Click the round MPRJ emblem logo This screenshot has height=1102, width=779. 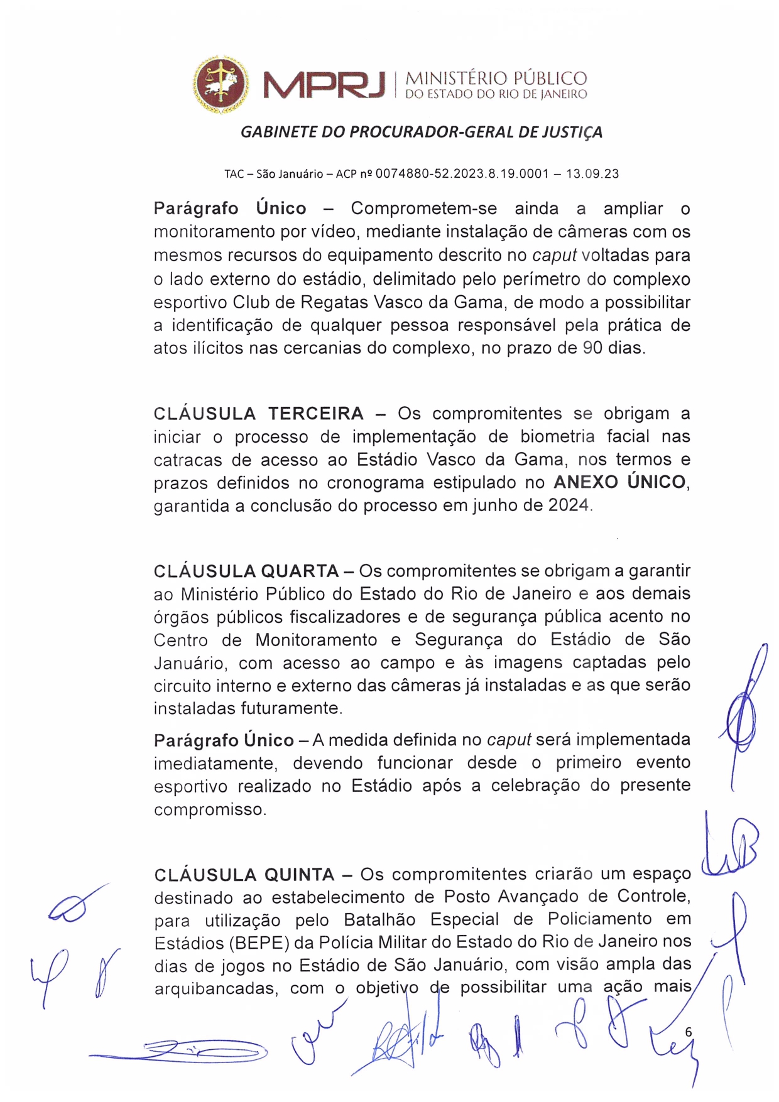220,84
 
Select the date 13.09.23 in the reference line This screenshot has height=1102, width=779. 592,174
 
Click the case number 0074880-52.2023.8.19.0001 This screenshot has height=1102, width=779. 462,174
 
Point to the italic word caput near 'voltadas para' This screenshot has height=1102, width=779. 554,256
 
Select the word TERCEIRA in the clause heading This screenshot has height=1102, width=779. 316,414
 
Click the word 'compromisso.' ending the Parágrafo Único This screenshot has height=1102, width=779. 210,810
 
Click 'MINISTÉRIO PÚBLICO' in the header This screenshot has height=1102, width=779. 496,78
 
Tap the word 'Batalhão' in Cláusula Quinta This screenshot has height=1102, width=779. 379,920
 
